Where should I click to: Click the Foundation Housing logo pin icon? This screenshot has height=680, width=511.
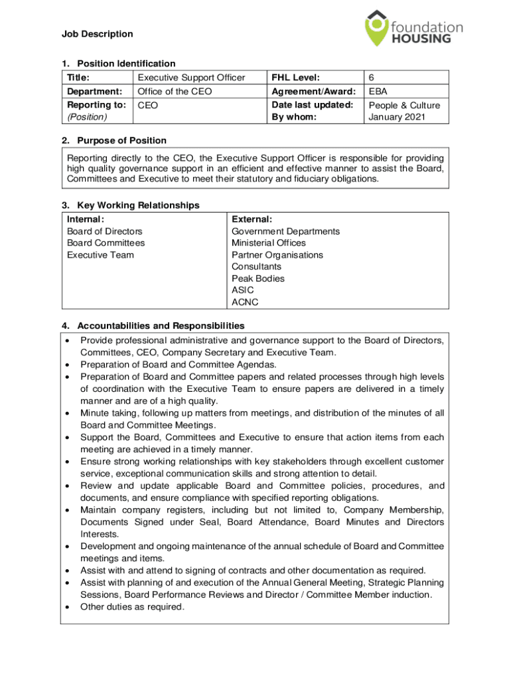pyautogui.click(x=376, y=27)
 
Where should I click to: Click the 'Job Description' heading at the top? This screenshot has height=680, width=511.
pyautogui.click(x=98, y=34)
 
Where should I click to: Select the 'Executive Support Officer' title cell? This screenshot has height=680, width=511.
pyautogui.click(x=190, y=78)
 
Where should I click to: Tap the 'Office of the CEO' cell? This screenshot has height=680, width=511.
pyautogui.click(x=175, y=92)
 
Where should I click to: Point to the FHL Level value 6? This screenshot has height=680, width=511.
pyautogui.click(x=372, y=78)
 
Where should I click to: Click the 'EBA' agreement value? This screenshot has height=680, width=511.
pyautogui.click(x=378, y=92)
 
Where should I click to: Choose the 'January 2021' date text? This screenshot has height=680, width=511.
pyautogui.click(x=397, y=118)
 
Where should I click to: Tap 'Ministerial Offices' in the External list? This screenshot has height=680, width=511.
pyautogui.click(x=269, y=243)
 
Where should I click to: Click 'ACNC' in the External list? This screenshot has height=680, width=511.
pyautogui.click(x=245, y=302)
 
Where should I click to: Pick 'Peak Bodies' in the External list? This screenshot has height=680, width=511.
pyautogui.click(x=258, y=278)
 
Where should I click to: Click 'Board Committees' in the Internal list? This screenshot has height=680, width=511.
pyautogui.click(x=106, y=243)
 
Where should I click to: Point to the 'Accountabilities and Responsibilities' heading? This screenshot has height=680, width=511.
pyautogui.click(x=161, y=325)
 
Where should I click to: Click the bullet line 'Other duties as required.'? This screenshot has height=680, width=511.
pyautogui.click(x=132, y=606)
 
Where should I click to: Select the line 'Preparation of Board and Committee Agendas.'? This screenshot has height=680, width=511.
pyautogui.click(x=179, y=365)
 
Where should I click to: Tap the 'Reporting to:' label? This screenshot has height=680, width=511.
pyautogui.click(x=97, y=105)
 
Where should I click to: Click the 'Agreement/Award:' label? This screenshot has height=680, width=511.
pyautogui.click(x=314, y=92)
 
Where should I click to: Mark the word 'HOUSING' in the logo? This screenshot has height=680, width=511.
pyautogui.click(x=420, y=39)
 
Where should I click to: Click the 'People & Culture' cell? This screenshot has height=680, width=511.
pyautogui.click(x=404, y=105)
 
